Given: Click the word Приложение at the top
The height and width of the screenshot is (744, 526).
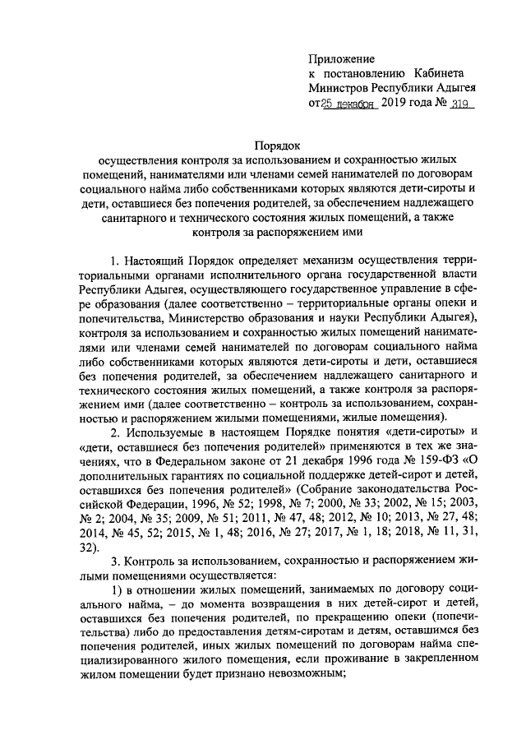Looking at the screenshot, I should point(341,59).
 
